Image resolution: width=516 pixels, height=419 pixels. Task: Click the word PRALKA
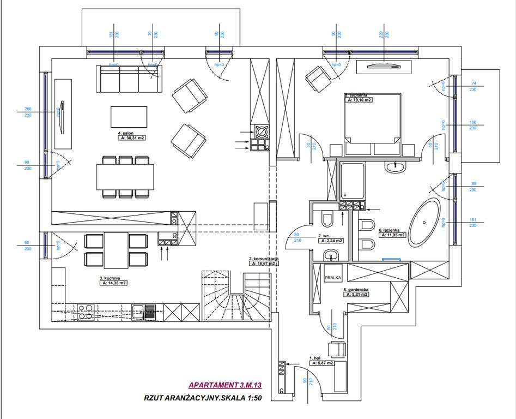click(332, 277)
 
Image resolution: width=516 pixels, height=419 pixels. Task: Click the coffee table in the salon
click(129, 116)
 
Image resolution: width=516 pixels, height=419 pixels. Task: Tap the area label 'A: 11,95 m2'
click(392, 235)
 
